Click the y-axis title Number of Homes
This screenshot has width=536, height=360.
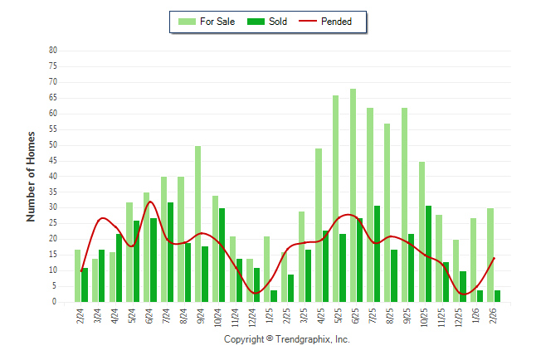tap(31, 176)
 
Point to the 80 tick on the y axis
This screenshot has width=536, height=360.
tap(52, 50)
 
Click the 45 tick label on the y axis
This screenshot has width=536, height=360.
tap(52, 160)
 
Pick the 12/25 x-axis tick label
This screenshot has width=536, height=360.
tap(460, 319)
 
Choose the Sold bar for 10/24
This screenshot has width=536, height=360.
tap(222, 255)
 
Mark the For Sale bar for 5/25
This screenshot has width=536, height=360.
tap(336, 199)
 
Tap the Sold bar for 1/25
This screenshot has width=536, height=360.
tap(274, 296)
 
